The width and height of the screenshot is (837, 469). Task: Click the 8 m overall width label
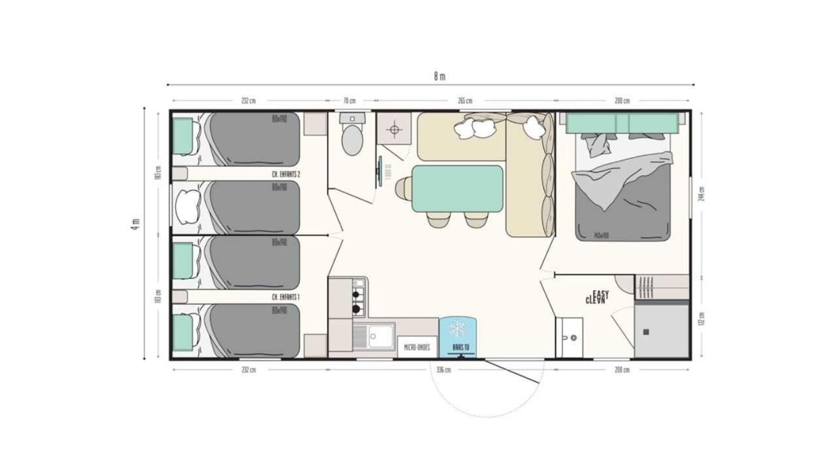click(x=439, y=76)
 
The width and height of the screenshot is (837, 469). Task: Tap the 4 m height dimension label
click(x=135, y=224)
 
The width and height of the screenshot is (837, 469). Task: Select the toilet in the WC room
click(x=352, y=139)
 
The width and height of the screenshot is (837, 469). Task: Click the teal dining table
click(x=458, y=188)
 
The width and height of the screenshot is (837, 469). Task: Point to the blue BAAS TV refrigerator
click(x=458, y=336)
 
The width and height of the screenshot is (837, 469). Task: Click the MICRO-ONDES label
click(x=417, y=347)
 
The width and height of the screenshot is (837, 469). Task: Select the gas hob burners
click(x=358, y=297)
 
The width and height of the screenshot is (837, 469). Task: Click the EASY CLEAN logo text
click(x=597, y=298)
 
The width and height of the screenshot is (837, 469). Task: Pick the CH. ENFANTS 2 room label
click(x=286, y=175)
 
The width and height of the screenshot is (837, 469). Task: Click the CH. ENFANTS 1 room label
click(x=286, y=297)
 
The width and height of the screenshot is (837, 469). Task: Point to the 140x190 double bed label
click(x=602, y=235)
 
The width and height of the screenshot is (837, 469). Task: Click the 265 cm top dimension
click(x=465, y=101)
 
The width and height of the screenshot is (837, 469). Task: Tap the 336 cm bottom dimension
click(x=443, y=370)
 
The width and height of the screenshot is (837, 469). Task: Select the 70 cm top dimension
click(x=349, y=101)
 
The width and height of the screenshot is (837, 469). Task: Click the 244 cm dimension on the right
click(x=702, y=194)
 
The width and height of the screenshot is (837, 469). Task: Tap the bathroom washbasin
click(x=569, y=337)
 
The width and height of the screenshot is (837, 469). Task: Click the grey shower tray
click(x=662, y=331)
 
